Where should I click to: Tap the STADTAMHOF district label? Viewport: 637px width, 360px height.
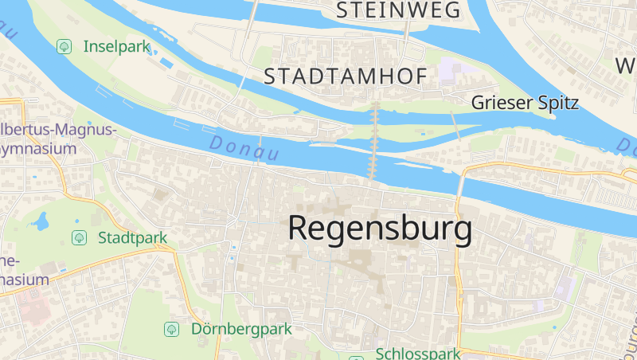(346, 76)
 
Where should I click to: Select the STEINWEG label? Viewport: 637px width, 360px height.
(398, 10)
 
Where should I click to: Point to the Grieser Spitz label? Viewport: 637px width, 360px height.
(524, 103)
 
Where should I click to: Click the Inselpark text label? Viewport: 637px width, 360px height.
(116, 46)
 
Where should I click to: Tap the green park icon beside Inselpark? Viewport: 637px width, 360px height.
(63, 46)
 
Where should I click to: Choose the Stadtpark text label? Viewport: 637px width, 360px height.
(132, 237)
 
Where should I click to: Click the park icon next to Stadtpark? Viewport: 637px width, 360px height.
(79, 237)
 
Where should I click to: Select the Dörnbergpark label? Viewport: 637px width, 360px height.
(241, 328)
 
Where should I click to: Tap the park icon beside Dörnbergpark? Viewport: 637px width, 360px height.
(171, 328)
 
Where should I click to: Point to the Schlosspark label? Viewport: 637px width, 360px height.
(418, 354)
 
